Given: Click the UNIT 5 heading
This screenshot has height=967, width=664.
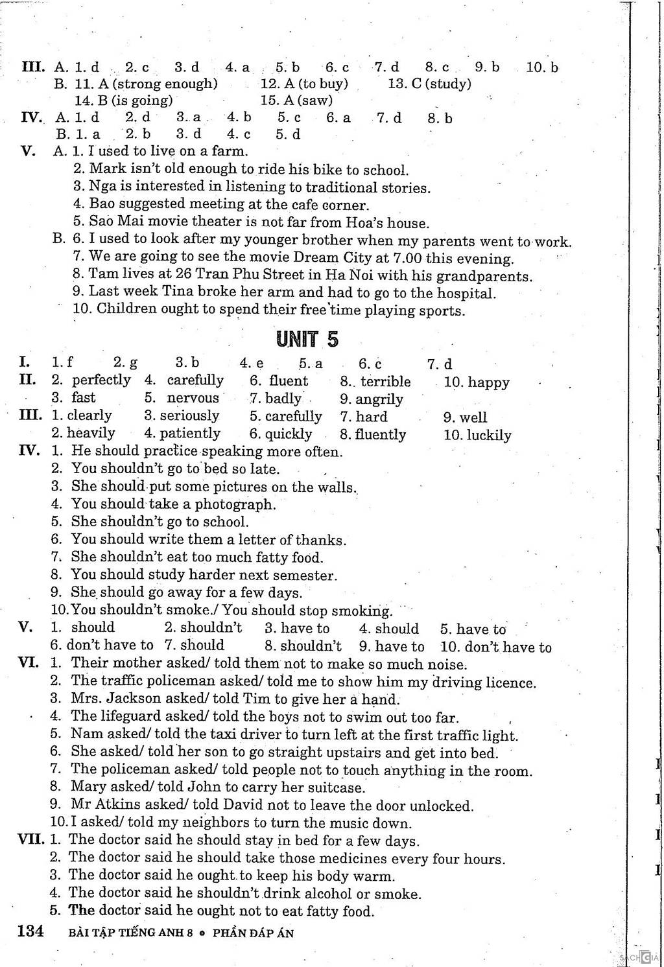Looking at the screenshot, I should [307, 339].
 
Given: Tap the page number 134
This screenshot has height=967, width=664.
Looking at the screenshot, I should [30, 931].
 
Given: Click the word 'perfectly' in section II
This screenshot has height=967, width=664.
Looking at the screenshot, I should [101, 380].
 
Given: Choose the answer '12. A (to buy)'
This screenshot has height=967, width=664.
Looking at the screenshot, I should [304, 84].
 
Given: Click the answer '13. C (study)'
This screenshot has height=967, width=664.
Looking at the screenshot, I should [429, 84].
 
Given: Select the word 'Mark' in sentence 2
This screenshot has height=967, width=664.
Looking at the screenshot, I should [104, 169].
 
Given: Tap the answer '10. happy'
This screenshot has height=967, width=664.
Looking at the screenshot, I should [477, 382].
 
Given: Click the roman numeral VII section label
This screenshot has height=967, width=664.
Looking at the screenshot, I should [30, 839].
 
